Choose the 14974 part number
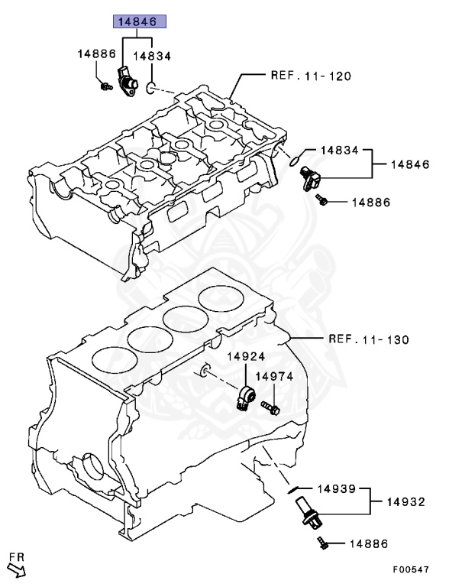pos(273,376)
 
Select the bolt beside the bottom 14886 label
pos(321,544)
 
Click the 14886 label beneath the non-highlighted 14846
pos(371,203)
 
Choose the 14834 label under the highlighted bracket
pos(153,56)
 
